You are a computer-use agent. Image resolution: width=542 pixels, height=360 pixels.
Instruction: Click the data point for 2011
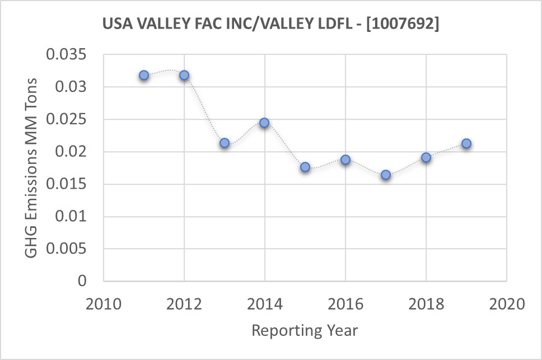(144, 75)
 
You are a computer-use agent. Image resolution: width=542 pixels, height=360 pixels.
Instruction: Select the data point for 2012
(184, 75)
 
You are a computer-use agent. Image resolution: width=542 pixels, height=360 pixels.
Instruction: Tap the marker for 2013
(225, 143)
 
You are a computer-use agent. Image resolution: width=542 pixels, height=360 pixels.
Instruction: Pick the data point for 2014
(265, 123)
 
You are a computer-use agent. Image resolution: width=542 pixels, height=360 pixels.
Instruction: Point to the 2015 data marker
(305, 167)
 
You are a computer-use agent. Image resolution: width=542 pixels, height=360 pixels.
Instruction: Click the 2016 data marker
(345, 160)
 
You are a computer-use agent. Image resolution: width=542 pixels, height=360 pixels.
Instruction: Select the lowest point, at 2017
(386, 175)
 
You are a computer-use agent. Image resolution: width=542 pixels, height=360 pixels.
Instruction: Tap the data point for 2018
(426, 157)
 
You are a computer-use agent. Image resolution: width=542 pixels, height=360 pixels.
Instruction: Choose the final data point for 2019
(466, 143)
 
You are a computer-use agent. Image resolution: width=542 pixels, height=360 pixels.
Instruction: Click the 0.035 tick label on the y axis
(67, 55)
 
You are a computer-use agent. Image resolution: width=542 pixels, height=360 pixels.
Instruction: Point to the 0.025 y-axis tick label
(67, 120)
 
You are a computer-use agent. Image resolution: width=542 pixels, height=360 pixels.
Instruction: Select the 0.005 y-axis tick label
(67, 249)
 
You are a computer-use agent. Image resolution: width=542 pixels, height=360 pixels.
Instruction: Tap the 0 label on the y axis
(82, 281)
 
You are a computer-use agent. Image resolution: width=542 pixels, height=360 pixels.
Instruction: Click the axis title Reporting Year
(305, 330)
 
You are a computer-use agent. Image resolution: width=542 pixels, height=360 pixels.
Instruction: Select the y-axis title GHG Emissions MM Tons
(32, 168)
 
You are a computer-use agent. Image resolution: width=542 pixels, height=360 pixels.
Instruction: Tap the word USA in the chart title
(115, 25)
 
